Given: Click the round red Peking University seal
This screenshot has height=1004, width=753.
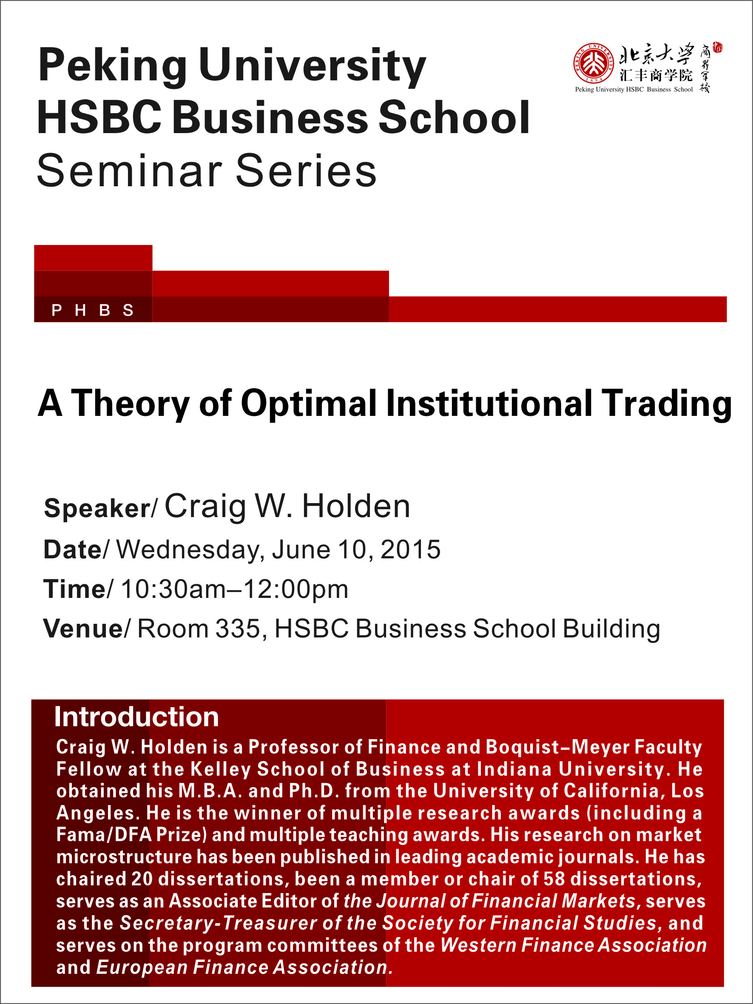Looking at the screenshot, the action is pyautogui.click(x=593, y=63).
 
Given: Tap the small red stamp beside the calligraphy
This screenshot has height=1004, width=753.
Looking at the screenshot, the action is pyautogui.click(x=718, y=47).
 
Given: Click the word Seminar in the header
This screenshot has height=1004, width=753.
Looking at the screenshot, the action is pyautogui.click(x=129, y=171).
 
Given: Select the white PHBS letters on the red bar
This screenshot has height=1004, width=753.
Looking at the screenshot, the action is pyautogui.click(x=93, y=310).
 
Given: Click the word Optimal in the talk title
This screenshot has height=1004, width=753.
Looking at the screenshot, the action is pyautogui.click(x=309, y=404).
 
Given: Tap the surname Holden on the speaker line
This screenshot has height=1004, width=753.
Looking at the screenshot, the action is pyautogui.click(x=356, y=506).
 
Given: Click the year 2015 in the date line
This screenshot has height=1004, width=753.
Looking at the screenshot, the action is pyautogui.click(x=410, y=550).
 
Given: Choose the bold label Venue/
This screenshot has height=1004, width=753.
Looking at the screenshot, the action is pyautogui.click(x=87, y=629).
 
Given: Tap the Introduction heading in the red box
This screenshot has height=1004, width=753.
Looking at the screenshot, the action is pyautogui.click(x=136, y=717).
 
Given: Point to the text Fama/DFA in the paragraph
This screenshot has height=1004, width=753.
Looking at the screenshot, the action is pyautogui.click(x=104, y=834).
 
